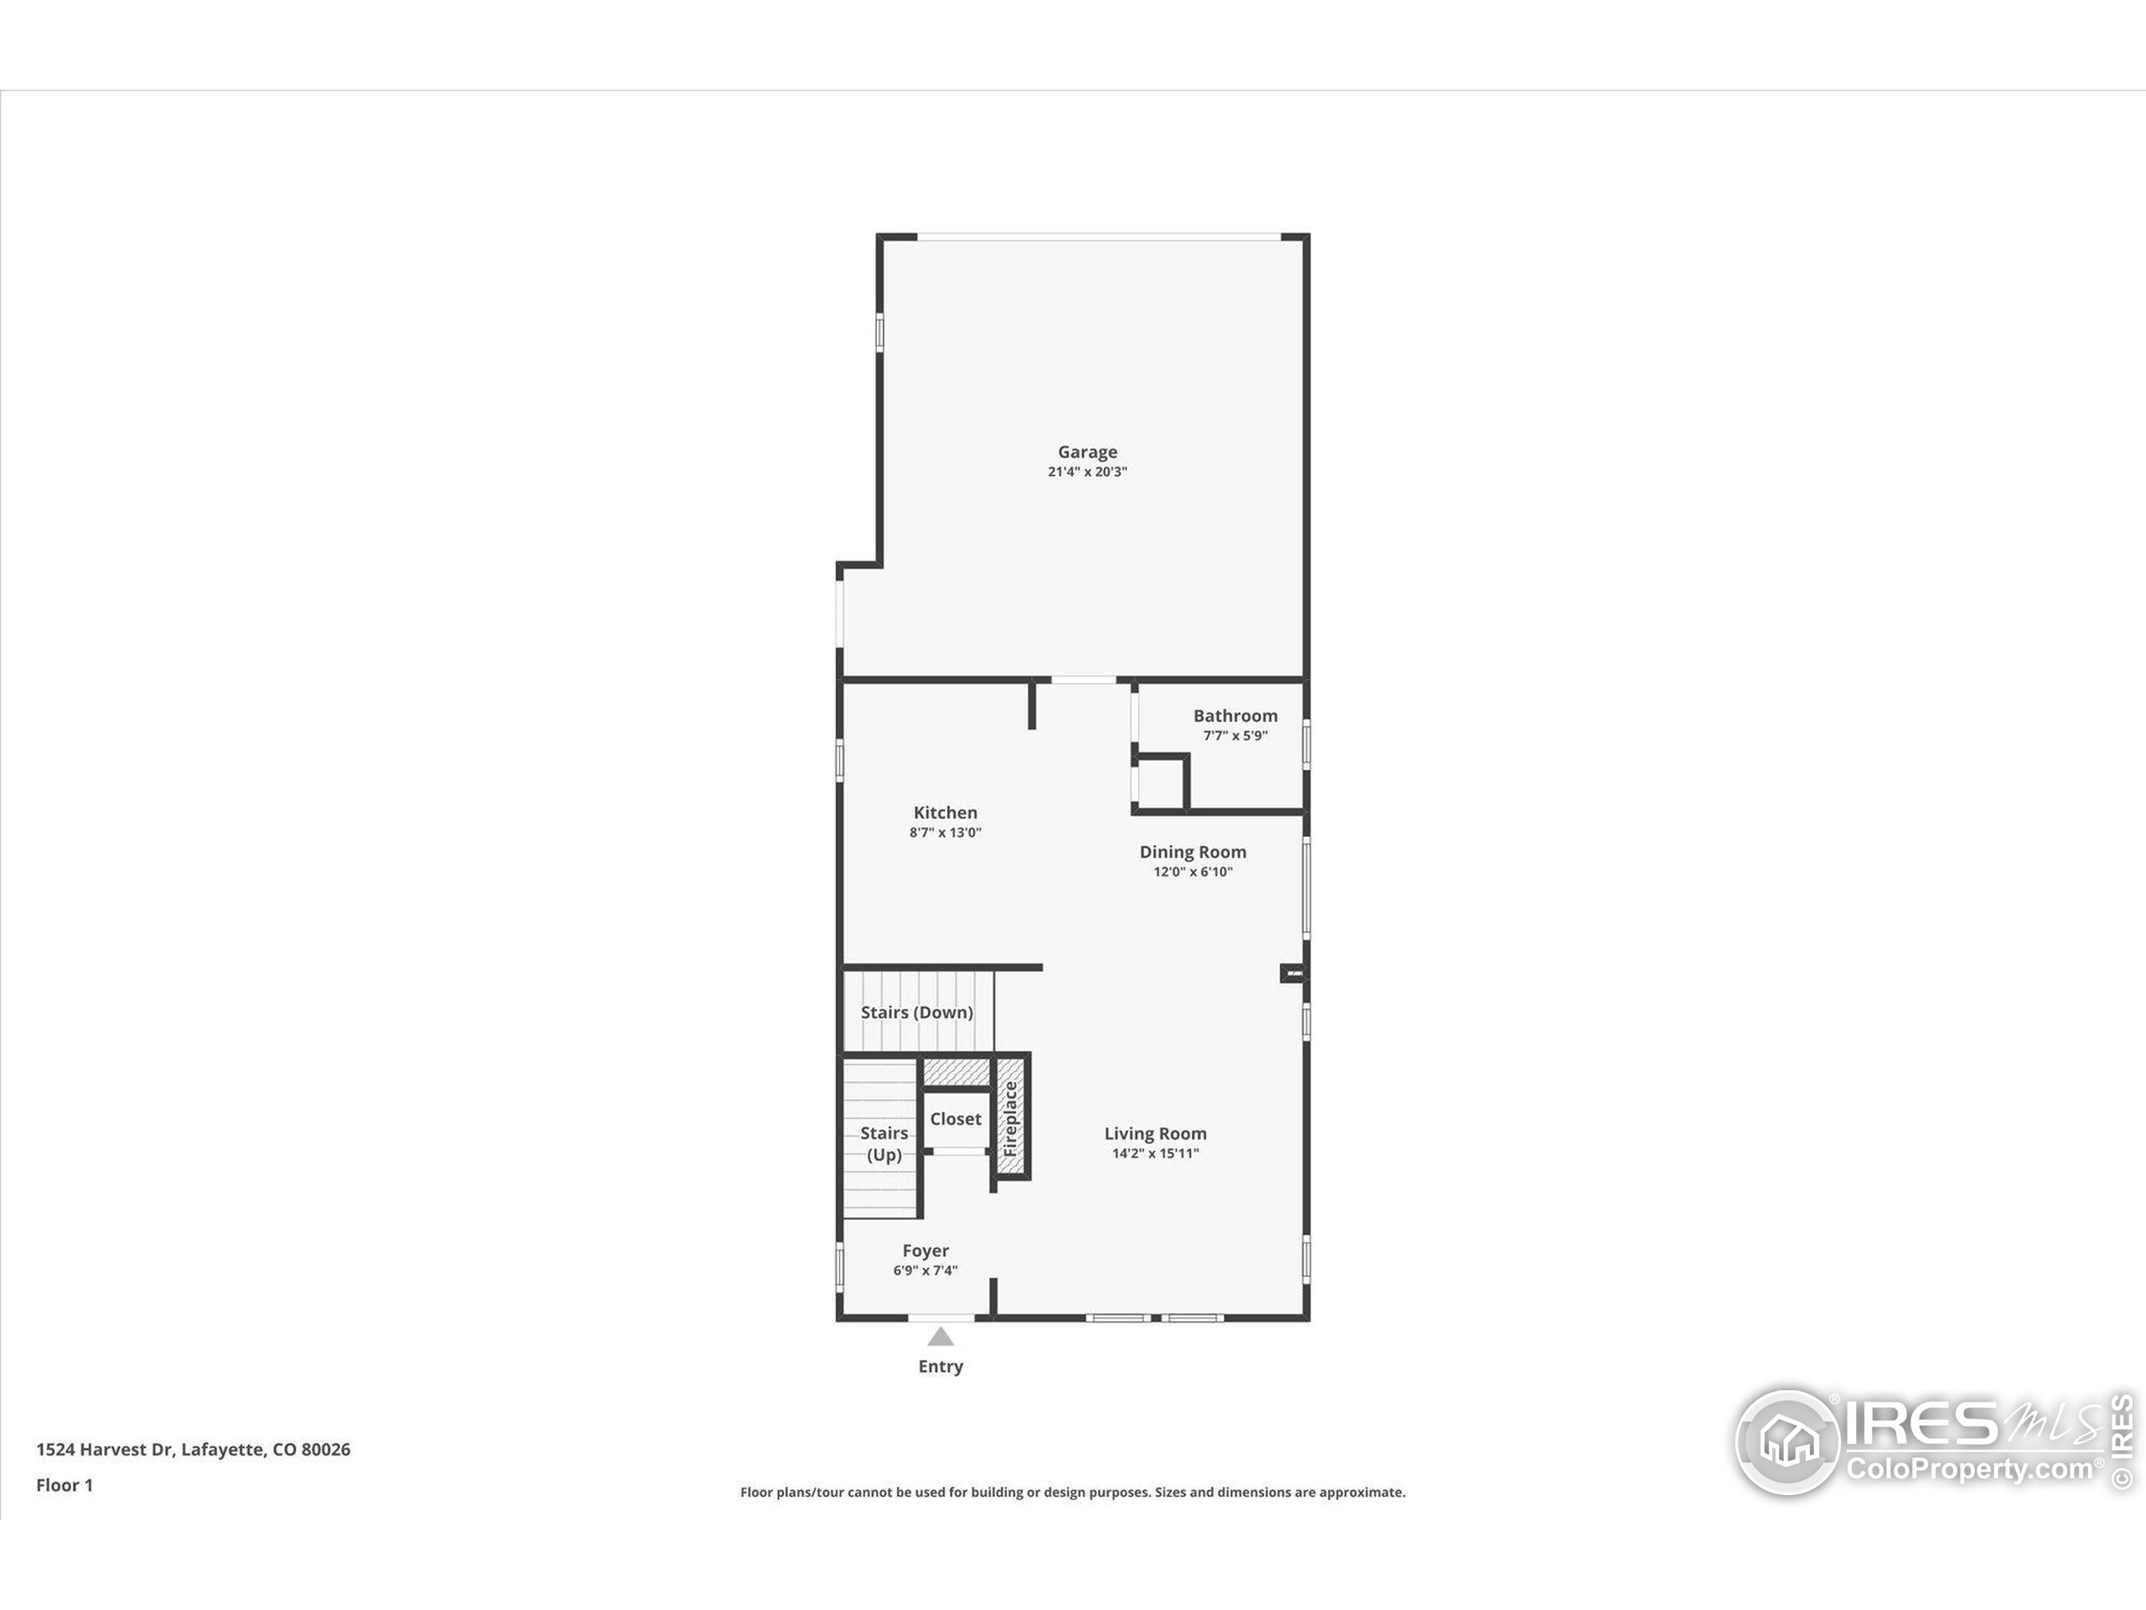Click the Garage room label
pos(1086,452)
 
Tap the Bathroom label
pos(1235,716)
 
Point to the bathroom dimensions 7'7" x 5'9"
pos(1235,735)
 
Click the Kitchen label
pos(945,813)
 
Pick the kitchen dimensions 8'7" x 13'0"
pos(945,833)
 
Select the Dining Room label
pos(1192,852)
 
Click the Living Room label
pos(1154,1134)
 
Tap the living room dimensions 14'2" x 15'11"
pos(1154,1154)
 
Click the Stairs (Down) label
pos(917,1012)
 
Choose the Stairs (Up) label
pos(884,1144)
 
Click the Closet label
pos(956,1119)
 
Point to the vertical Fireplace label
pos(1010,1119)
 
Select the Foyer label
pos(925,1251)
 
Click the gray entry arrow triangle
pos(940,1337)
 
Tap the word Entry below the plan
pos(940,1367)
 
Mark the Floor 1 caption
pos(64,1486)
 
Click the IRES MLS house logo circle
pos(1787,1442)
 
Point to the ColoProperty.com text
pos(1968,1469)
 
